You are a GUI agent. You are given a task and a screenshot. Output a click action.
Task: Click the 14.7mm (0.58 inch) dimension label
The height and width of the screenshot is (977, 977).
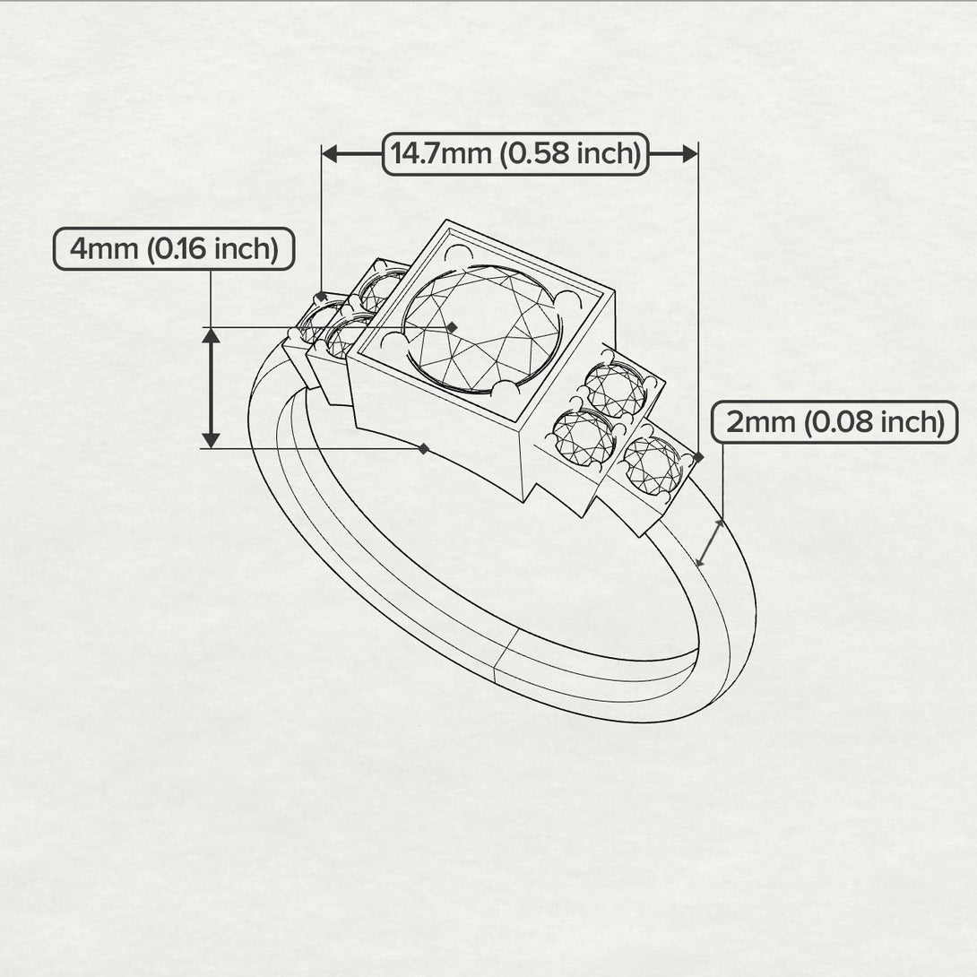coord(515,154)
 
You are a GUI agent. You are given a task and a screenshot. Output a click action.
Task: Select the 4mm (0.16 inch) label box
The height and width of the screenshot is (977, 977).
coord(174,248)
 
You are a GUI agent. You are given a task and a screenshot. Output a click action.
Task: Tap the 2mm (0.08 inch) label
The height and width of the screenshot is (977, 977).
coord(834,422)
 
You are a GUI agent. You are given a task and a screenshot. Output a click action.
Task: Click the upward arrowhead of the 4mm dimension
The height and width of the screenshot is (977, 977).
coord(211,335)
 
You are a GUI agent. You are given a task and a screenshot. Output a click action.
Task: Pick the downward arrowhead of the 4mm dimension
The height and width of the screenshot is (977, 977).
coord(211,439)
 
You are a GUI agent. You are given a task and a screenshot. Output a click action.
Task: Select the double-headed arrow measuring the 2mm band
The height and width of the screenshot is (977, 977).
coord(710,542)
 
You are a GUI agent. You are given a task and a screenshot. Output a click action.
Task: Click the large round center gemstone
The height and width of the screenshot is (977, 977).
coord(481,329)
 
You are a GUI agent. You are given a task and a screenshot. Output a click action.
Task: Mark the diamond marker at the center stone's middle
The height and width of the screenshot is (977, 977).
coord(452,327)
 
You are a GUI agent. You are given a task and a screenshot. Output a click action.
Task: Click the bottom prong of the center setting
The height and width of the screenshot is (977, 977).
coord(507,390)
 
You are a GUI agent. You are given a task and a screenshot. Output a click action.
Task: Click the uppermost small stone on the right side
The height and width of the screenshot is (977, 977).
coord(615,390)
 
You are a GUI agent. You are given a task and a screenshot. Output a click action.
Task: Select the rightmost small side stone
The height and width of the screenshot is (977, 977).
coord(652,464)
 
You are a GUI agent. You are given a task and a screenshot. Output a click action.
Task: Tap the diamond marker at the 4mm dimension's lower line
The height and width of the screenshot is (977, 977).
coord(424,448)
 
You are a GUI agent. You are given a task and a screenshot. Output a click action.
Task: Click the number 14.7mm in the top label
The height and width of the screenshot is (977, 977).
coord(441,154)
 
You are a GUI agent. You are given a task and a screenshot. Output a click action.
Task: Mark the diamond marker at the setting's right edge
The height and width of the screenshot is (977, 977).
coord(698,457)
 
